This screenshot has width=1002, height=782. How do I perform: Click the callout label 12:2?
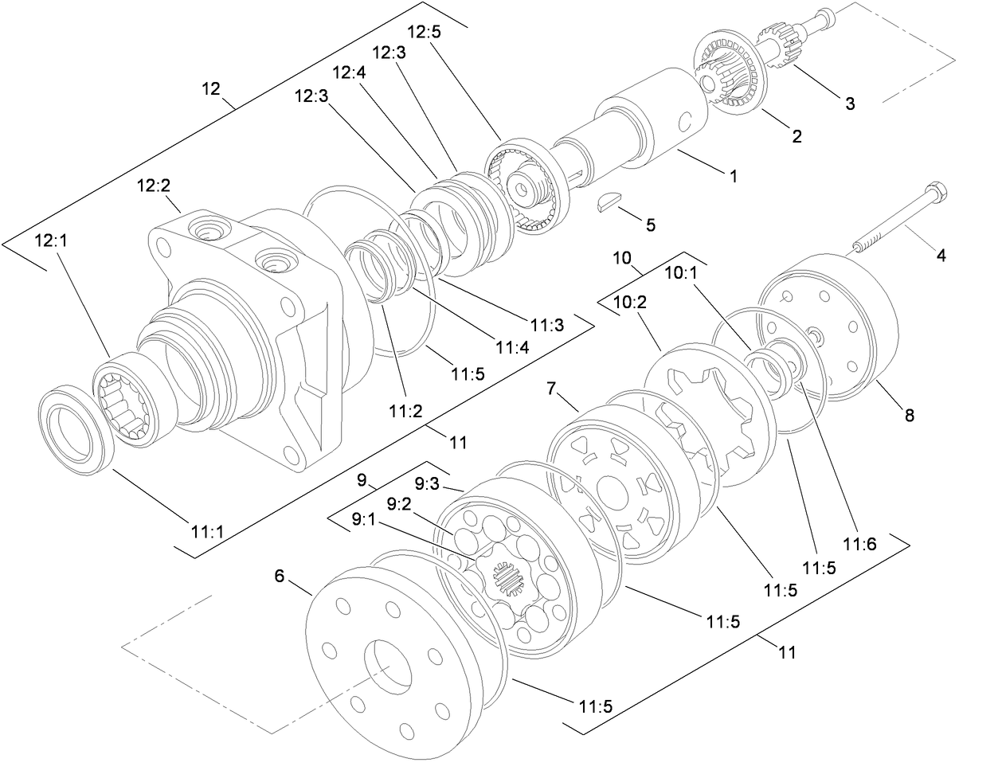pyautogui.click(x=153, y=186)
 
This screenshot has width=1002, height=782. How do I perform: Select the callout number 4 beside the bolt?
pyautogui.click(x=941, y=256)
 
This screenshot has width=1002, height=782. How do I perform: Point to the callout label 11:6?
pyautogui.click(x=861, y=544)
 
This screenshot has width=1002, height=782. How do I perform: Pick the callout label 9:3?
pyautogui.click(x=429, y=483)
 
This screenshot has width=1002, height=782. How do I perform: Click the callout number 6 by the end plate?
pyautogui.click(x=279, y=576)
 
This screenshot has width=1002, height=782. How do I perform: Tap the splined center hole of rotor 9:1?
pyautogui.click(x=507, y=580)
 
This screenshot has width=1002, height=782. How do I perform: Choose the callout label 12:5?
pyautogui.click(x=424, y=33)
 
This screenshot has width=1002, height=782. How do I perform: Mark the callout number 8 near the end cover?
pyautogui.click(x=909, y=415)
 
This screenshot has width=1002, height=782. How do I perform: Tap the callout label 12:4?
pyautogui.click(x=348, y=72)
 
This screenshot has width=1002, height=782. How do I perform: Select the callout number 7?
pyautogui.click(x=550, y=389)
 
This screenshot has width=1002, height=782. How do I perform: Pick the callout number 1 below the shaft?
pyautogui.click(x=734, y=177)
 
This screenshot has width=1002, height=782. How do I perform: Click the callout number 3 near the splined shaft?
pyautogui.click(x=850, y=103)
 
